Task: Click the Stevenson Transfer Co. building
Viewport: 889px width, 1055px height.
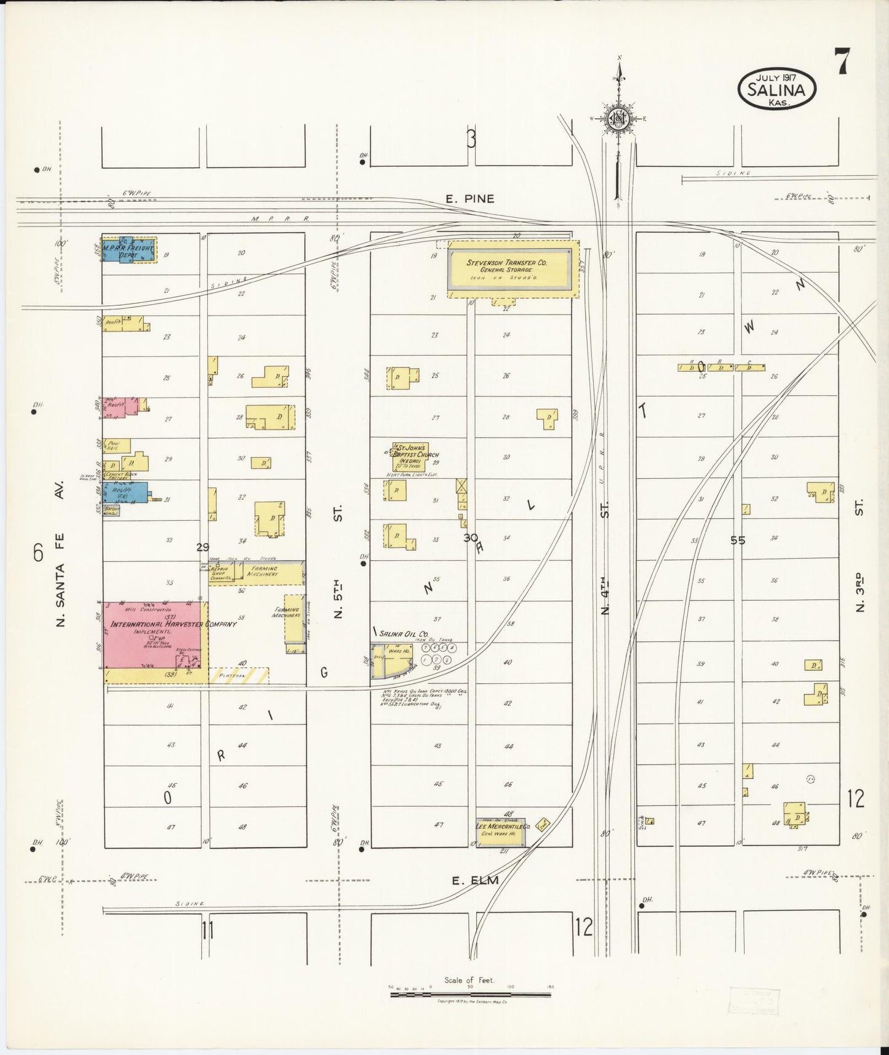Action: click(513, 270)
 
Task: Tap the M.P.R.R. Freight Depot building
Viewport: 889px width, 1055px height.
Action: click(129, 249)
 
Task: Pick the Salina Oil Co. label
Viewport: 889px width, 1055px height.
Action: click(404, 633)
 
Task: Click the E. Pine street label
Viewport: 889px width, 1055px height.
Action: click(470, 199)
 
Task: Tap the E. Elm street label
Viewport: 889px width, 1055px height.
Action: click(474, 880)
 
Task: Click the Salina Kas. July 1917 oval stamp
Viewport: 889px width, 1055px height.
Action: click(776, 90)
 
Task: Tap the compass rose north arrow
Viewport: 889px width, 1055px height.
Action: click(618, 117)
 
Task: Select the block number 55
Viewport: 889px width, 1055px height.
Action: click(738, 540)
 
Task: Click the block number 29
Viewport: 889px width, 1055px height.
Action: click(202, 547)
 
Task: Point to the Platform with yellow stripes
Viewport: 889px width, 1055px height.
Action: click(239, 676)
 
